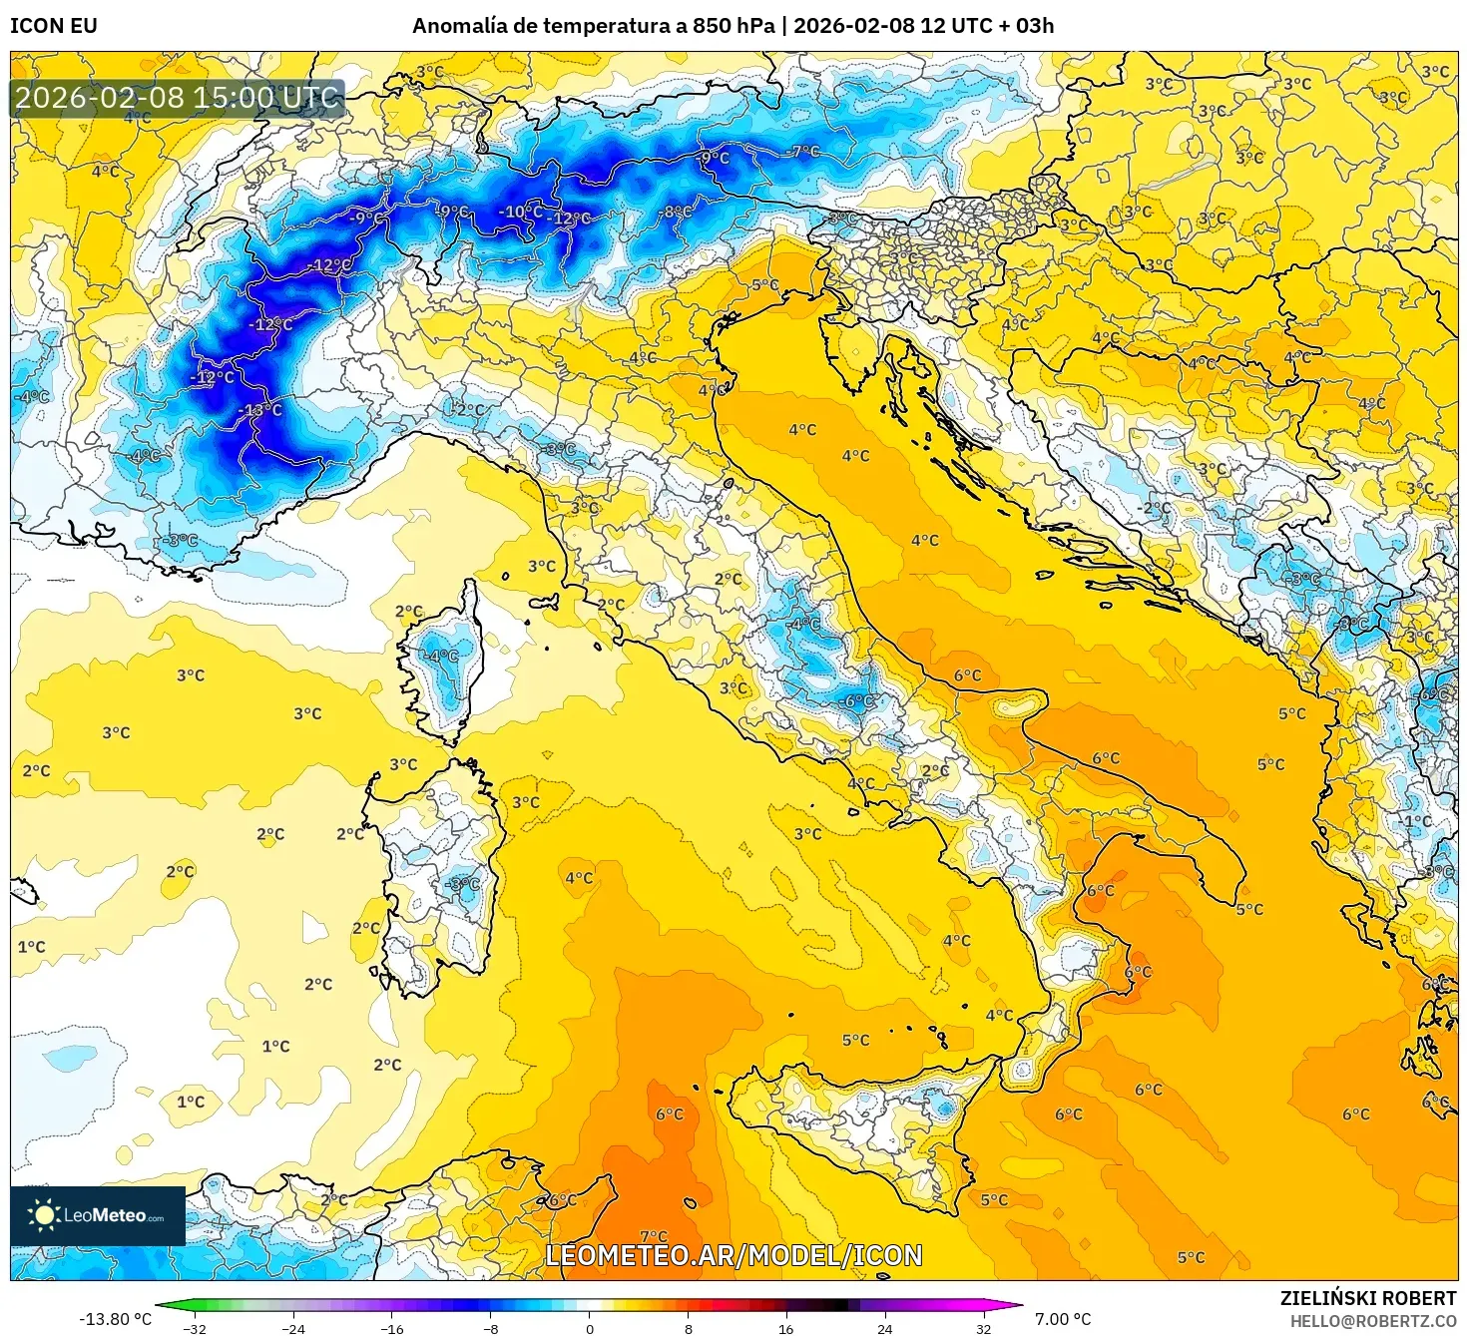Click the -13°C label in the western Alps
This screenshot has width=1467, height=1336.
(261, 410)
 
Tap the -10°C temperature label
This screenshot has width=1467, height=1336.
(521, 212)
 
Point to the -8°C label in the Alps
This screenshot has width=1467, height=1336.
(677, 212)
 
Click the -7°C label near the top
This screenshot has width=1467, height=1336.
(804, 152)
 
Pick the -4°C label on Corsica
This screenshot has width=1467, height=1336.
(442, 656)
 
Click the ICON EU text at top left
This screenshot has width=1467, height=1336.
(54, 26)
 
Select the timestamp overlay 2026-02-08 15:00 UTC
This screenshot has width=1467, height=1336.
(177, 98)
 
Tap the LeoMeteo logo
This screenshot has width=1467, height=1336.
(98, 1215)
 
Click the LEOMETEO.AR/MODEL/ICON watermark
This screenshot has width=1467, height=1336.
(733, 1255)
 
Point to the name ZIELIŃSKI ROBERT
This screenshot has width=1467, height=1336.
(1368, 1298)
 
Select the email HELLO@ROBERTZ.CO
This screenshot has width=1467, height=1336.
(1374, 1321)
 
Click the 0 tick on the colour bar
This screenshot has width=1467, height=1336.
(590, 1328)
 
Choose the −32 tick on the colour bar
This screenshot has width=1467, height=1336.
(195, 1328)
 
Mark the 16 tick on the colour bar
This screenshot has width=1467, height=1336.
(786, 1328)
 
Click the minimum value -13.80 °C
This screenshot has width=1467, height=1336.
(116, 1319)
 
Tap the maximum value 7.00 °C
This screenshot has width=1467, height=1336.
(1063, 1319)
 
